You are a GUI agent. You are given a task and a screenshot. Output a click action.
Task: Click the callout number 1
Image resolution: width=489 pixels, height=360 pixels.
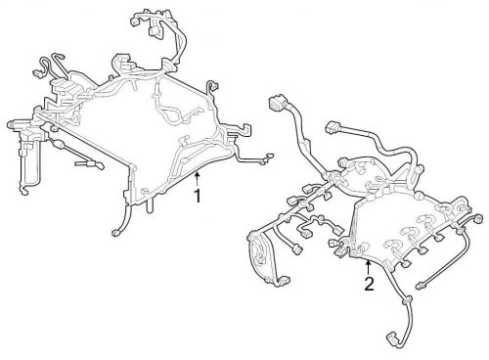[x=197, y=196]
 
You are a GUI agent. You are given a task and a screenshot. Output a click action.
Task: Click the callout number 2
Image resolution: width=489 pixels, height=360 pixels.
[x=369, y=284]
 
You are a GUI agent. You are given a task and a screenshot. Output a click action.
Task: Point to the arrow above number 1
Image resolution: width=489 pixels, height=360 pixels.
[x=197, y=180]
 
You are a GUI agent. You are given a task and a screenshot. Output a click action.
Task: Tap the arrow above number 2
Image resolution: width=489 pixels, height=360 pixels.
[x=368, y=268]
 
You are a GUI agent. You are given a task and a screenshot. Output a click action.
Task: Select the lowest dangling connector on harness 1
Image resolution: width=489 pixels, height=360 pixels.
[x=116, y=233]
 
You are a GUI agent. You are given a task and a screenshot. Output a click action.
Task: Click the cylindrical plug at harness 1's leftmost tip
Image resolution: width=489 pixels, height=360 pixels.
[x=13, y=124]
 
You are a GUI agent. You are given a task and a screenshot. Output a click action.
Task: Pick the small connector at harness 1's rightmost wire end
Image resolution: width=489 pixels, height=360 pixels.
[x=270, y=157]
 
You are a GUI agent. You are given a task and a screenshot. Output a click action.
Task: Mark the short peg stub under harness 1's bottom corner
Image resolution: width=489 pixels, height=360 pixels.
[x=149, y=207]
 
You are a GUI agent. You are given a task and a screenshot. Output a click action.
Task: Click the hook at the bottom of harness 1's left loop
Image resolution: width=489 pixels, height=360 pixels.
[x=24, y=192]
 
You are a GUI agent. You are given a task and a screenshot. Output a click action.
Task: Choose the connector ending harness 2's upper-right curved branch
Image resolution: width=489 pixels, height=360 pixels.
[x=333, y=127]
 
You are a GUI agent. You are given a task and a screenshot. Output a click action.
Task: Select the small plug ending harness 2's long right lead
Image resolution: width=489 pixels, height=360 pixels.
[x=421, y=286]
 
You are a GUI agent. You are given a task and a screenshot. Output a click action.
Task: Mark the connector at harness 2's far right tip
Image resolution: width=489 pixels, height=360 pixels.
[x=478, y=218]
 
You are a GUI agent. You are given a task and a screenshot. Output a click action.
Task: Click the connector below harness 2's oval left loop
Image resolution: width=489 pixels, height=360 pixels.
[x=285, y=281]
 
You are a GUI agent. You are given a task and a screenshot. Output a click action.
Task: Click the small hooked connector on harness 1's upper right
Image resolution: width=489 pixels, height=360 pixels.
[x=212, y=86]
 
